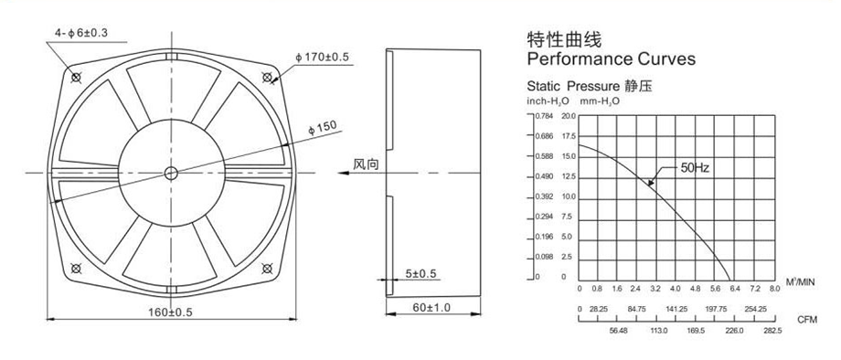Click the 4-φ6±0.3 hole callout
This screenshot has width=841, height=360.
pyautogui.click(x=81, y=33)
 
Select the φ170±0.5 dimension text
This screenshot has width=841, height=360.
pyautogui.click(x=322, y=58)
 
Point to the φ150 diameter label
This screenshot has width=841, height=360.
pyautogui.click(x=323, y=128)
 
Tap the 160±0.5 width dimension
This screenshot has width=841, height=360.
pyautogui.click(x=170, y=312)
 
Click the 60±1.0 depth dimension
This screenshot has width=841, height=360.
pyautogui.click(x=432, y=308)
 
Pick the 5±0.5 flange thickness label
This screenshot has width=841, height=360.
pyautogui.click(x=421, y=274)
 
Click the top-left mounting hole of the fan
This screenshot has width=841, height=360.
pyautogui.click(x=76, y=78)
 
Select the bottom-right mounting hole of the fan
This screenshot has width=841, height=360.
pyautogui.click(x=267, y=268)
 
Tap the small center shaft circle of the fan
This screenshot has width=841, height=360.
pyautogui.click(x=171, y=173)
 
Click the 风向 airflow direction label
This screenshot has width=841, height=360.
pyautogui.click(x=366, y=164)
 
